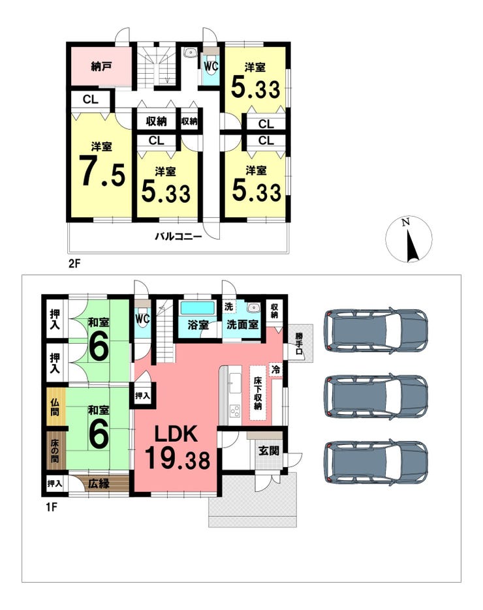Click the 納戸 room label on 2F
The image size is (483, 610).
tap(102, 67)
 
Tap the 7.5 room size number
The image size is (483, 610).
tap(102, 171)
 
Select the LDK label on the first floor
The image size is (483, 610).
tap(176, 434)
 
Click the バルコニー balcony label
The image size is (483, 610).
tap(179, 236)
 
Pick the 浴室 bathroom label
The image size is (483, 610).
tap(198, 324)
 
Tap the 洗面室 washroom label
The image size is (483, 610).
tap(242, 324)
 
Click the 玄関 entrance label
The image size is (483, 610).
tap(269, 451)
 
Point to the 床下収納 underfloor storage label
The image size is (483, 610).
tap(258, 393)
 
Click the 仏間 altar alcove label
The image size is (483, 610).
tap(55, 406)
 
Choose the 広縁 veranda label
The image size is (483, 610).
tap(99, 483)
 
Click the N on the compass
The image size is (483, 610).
tap(406, 222)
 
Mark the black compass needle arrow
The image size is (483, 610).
tap(412, 246)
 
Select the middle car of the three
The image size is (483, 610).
tap(376, 396)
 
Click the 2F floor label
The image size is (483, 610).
tap(74, 264)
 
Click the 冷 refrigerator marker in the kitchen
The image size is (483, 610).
tap(275, 369)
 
